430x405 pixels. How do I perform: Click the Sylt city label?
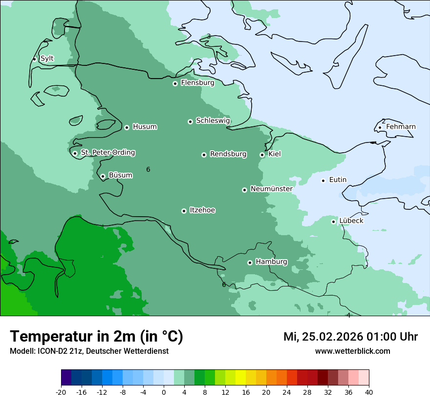tap(47, 59)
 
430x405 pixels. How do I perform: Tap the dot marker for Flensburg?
tap(175, 83)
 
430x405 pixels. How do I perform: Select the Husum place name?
tap(145, 127)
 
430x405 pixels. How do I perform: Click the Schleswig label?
tap(213, 121)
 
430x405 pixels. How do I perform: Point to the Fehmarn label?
tap(401, 127)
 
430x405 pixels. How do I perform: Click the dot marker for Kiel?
tap(262, 155)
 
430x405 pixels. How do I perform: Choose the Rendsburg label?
tap(228, 154)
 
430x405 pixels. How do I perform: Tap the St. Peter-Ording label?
tap(107, 153)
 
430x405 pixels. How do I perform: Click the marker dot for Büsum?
tap(103, 177)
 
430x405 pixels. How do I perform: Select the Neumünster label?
tap(272, 189)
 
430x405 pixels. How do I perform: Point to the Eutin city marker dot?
tap(323, 181)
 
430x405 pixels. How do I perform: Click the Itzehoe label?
tap(202, 210)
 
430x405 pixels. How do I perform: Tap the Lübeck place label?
tap(351, 221)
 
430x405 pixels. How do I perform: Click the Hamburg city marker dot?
tap(250, 263)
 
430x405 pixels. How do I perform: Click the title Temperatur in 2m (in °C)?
tap(96, 336)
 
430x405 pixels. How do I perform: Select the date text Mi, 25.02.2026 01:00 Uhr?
tap(350, 337)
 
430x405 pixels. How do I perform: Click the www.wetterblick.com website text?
tap(352, 351)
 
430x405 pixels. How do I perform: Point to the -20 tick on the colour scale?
tap(61, 392)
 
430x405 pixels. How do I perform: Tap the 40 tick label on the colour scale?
tap(369, 392)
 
